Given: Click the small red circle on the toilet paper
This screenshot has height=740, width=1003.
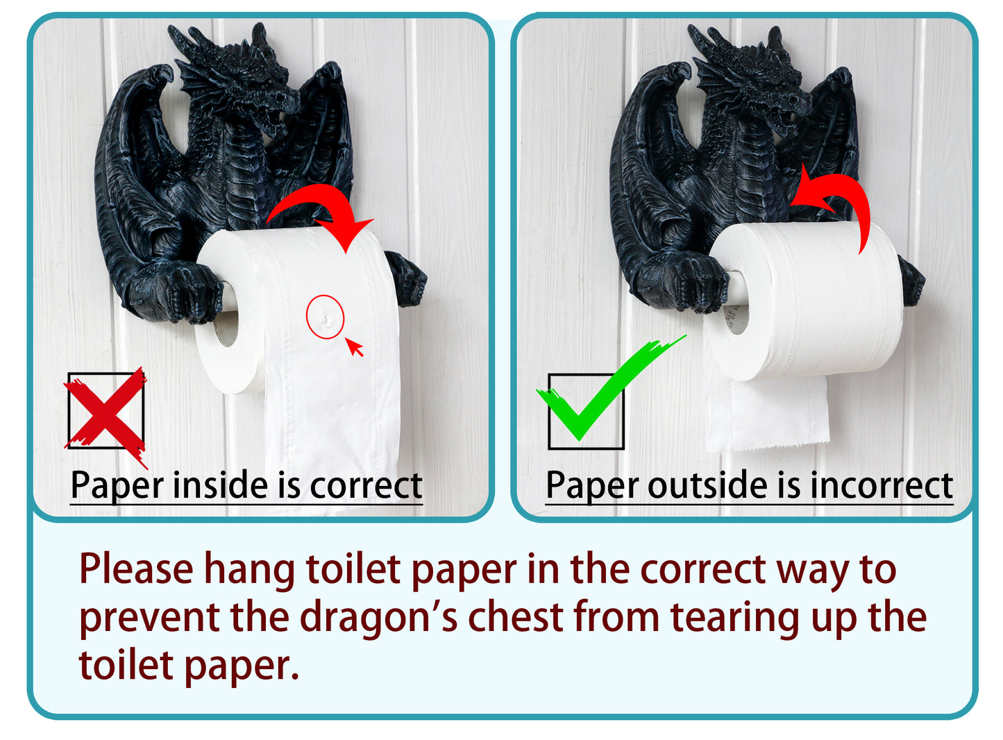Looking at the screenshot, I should [325, 317].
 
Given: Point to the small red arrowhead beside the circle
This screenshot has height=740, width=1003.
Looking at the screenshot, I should [355, 347].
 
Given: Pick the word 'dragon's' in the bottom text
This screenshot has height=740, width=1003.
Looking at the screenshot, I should [378, 618].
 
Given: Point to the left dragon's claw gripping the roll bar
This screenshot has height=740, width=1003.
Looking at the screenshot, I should [174, 292].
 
